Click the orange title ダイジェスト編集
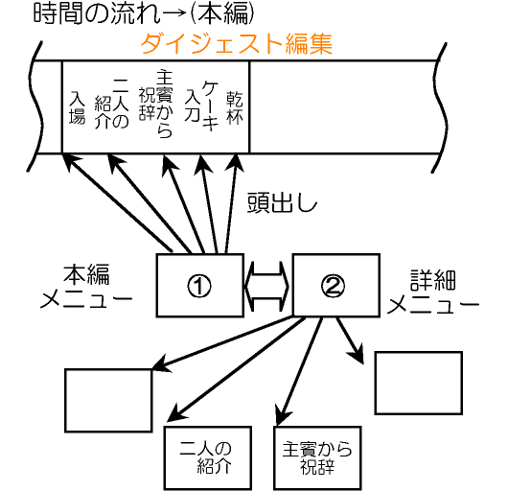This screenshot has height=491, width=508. point(237,44)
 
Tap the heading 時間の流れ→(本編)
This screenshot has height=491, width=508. point(144,13)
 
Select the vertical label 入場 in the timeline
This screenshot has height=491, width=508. point(77,107)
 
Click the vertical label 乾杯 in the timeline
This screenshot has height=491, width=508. point(235,107)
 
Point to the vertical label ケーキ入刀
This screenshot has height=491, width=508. point(201,105)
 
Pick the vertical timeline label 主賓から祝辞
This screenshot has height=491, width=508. point(156,104)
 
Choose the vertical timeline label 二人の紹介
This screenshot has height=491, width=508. point(112,104)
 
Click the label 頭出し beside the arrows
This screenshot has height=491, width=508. point(282,203)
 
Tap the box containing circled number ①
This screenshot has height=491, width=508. point(200,285)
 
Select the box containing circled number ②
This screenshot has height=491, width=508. point(336,285)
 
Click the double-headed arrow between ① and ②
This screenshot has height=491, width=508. point(268,286)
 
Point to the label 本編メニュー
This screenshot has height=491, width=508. point(86,286)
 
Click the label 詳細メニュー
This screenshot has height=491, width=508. point(433,292)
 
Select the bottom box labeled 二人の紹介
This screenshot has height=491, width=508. point(208,458)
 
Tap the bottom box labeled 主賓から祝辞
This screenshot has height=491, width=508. point(317,458)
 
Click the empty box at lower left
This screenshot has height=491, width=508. point(108,400)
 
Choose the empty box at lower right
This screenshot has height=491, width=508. point(419,383)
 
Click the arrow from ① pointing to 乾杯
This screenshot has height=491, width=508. point(231,203)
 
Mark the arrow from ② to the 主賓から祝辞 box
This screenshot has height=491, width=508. point(300,371)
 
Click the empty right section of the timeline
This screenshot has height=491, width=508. point(343,107)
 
